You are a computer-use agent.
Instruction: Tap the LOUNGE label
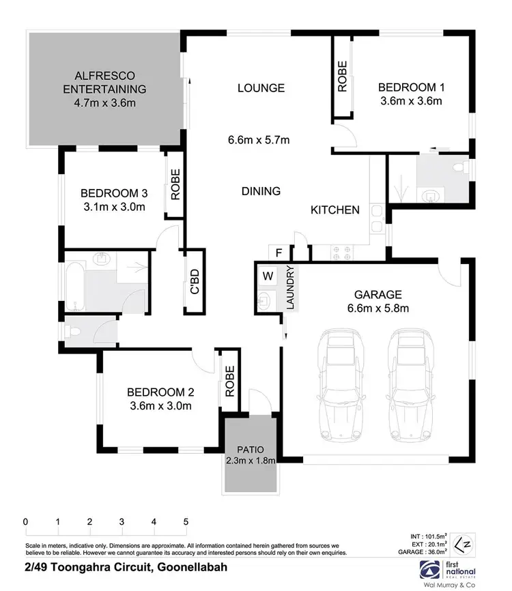260,88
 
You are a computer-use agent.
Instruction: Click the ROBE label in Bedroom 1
341,76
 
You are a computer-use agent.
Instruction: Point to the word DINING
260,191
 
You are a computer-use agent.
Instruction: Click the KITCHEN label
335,210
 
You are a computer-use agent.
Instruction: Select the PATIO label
251,450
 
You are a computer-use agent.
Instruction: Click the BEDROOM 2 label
161,392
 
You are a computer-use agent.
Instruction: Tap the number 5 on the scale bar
186,522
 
